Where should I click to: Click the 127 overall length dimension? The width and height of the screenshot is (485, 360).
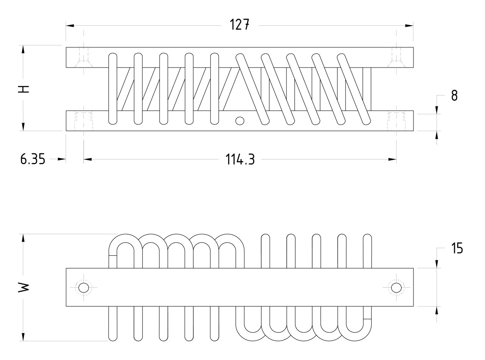point(239,25)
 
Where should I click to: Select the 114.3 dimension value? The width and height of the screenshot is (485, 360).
point(240,160)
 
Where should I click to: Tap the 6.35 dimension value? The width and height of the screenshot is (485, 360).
point(33,160)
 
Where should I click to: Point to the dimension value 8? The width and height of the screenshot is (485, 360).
point(454,95)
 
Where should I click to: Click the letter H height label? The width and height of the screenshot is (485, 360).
point(23,88)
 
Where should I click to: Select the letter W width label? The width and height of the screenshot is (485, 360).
point(23,287)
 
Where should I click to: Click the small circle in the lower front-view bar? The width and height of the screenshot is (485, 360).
point(239,121)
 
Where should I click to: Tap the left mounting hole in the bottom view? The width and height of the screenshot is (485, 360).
point(83,288)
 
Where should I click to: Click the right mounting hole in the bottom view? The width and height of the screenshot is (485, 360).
point(396,288)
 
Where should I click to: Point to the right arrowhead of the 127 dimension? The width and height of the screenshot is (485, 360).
point(409,26)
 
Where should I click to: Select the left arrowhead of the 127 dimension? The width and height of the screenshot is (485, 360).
point(70,26)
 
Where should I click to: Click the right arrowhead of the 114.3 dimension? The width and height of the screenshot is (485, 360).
point(392,160)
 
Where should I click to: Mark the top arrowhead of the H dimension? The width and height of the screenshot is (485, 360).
point(23,50)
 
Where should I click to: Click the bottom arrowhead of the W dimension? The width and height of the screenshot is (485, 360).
point(23,337)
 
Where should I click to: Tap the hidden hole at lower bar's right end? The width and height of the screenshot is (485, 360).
point(396,121)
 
